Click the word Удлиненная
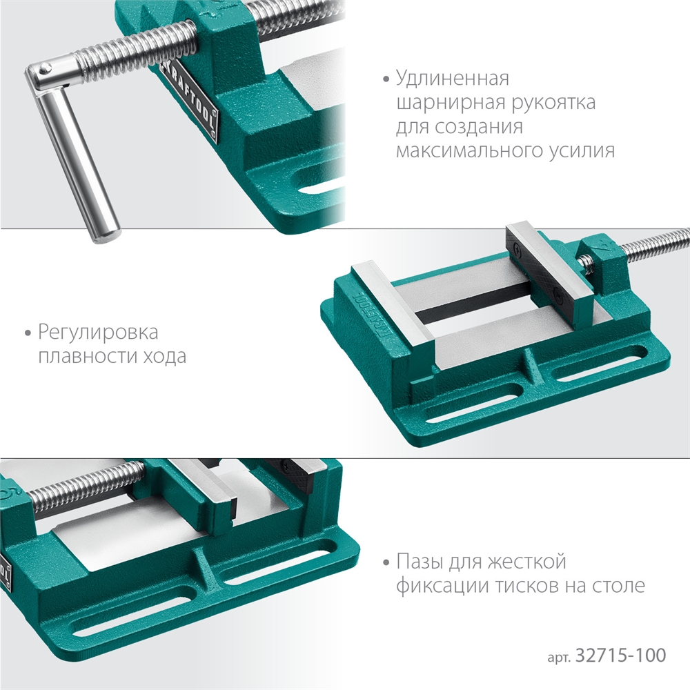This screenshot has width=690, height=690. (452, 77)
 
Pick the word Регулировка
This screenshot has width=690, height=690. (98, 333)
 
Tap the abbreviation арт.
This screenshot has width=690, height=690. (555, 656)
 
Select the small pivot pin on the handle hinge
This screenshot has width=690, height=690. (43, 68)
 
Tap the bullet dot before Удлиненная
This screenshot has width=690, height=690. (386, 79)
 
